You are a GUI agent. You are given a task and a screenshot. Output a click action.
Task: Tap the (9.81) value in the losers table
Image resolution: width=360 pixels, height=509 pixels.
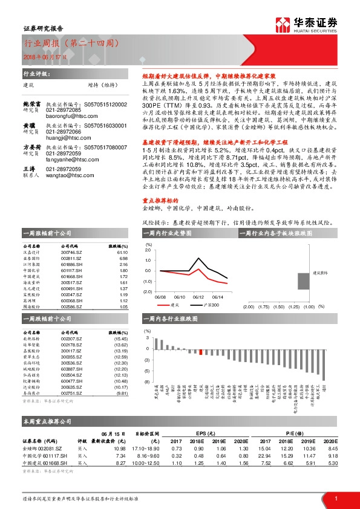(122, 393)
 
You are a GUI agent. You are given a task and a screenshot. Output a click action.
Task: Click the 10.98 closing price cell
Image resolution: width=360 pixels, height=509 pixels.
(119, 448)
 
